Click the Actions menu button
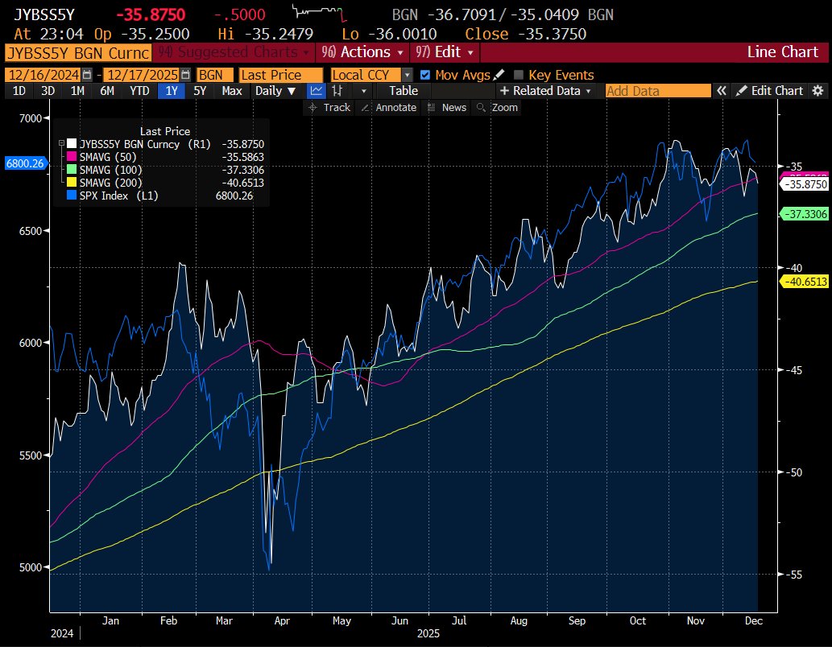[365, 52]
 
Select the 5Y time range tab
[200, 91]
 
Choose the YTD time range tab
[139, 91]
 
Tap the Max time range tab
[232, 91]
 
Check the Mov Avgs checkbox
[425, 75]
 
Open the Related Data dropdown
[545, 91]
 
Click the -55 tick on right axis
[794, 575]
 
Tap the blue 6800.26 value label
[24, 163]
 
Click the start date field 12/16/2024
[46, 75]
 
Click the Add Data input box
[657, 91]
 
